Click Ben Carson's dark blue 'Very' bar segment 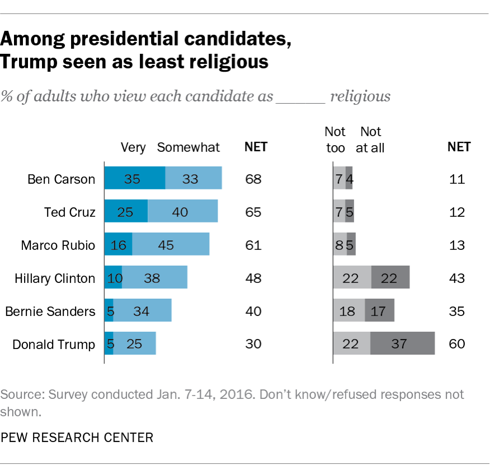point(135,180)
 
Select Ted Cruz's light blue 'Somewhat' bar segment point(182,212)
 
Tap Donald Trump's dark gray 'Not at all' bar point(402,343)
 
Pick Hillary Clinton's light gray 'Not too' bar point(352,278)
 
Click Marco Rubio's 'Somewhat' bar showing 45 point(171,245)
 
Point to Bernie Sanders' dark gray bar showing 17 point(379,310)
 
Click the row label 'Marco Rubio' point(58,245)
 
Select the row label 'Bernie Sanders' point(50,311)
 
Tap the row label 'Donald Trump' point(54,343)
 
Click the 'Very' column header point(133,147)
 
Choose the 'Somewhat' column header point(189,147)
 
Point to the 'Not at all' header point(370,140)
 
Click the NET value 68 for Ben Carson point(253,180)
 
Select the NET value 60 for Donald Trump point(457,343)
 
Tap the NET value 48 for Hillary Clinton point(253,278)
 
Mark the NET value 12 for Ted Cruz point(457,212)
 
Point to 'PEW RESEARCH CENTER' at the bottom point(77,437)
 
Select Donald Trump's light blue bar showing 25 point(134,343)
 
